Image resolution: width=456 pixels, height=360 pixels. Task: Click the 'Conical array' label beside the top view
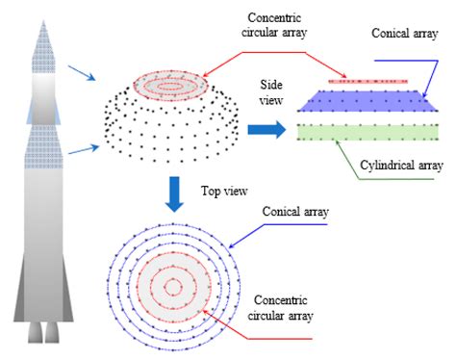pos(294,212)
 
